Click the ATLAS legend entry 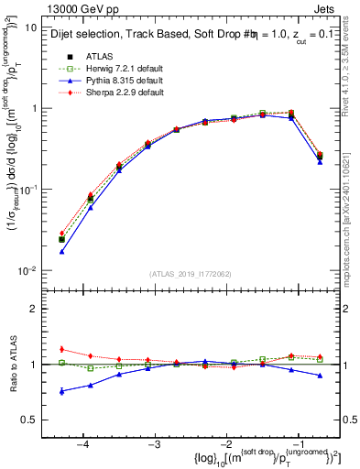click(x=100, y=55)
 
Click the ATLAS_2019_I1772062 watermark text click(x=191, y=274)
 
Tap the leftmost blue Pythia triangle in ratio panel click(x=61, y=391)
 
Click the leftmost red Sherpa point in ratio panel click(x=61, y=349)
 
